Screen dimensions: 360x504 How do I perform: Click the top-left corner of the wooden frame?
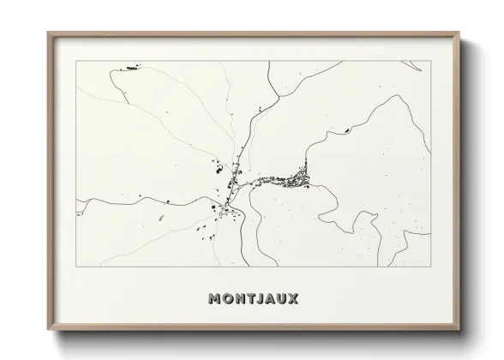click(x=48, y=33)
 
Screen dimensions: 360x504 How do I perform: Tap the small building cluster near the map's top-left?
click(x=129, y=66)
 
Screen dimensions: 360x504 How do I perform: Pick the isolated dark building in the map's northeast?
click(x=346, y=130)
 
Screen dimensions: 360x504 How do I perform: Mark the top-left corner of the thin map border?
click(x=76, y=60)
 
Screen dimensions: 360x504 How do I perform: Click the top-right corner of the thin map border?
click(x=429, y=60)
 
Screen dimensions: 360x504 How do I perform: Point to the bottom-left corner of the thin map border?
click(x=76, y=267)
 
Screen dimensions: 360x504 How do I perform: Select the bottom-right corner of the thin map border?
click(x=429, y=267)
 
